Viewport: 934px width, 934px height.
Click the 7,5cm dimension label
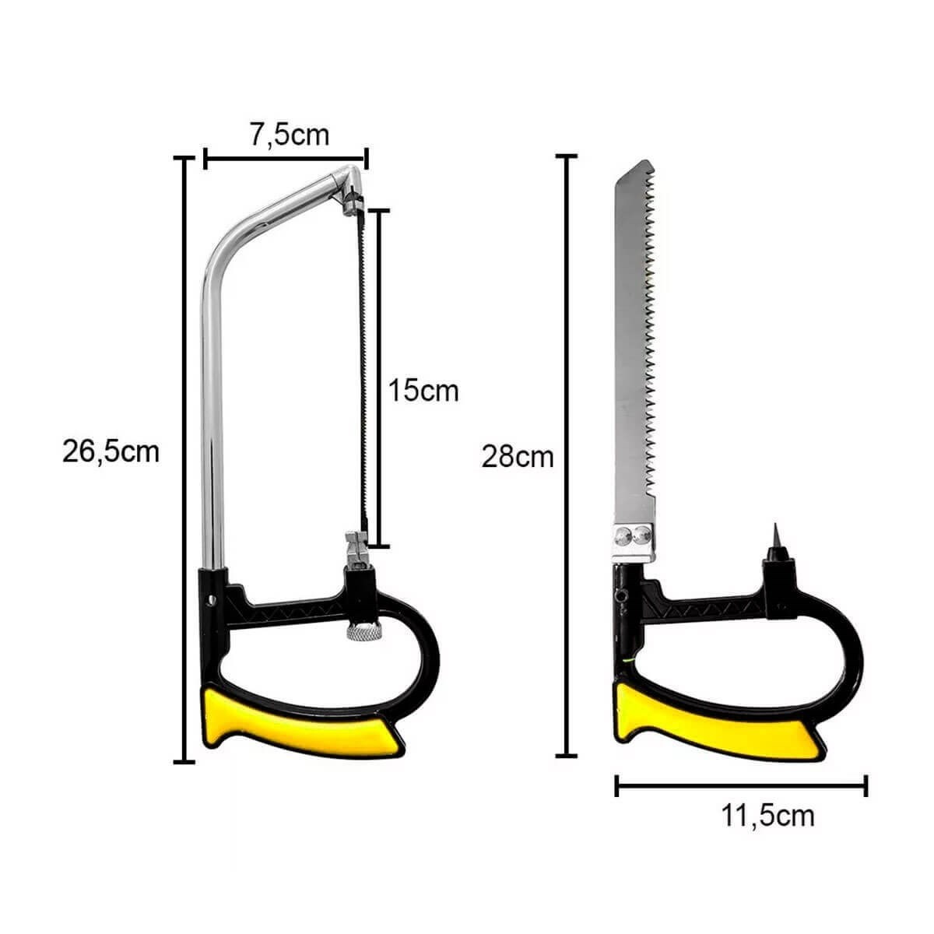[290, 135]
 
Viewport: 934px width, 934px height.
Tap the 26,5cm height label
[111, 452]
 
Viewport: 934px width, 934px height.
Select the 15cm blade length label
[423, 391]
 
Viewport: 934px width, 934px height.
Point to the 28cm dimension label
[517, 457]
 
